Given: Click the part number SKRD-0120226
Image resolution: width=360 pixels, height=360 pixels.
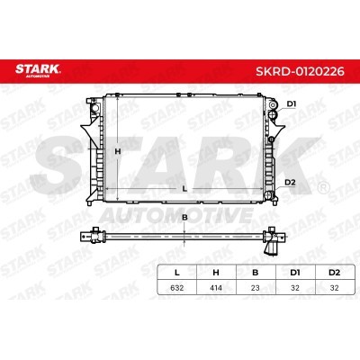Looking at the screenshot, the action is coord(300,72).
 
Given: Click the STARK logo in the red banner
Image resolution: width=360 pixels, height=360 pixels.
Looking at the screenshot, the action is coord(38,70).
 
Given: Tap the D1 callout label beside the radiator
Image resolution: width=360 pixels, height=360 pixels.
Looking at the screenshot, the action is coord(292,104).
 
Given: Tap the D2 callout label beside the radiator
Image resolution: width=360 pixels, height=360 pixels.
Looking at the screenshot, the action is coord(290,182).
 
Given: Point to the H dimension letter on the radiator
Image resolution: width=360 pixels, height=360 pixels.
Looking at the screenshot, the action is coord(118,151).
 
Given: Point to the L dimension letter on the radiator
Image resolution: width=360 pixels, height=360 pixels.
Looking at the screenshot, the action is coord(184,189).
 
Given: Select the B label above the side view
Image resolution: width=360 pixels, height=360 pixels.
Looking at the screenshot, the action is coord(184,218).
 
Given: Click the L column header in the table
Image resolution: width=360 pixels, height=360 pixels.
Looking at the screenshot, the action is coord(177,273).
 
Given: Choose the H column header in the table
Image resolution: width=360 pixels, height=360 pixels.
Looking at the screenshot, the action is coord(216,273).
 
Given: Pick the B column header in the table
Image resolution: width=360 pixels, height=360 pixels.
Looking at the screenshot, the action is coord(256,273).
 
